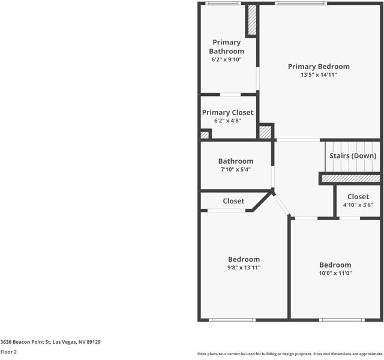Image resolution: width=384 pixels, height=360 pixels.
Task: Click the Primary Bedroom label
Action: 318,67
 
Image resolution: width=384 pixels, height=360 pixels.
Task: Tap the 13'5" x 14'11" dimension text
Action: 318,75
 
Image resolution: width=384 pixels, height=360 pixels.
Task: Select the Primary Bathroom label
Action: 226,47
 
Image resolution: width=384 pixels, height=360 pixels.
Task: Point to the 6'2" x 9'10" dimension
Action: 226,59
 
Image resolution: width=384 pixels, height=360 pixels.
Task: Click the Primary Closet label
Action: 227,112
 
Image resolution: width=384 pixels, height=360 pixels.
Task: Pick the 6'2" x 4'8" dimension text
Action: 227,121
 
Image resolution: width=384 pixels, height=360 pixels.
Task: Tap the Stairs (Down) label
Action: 353,155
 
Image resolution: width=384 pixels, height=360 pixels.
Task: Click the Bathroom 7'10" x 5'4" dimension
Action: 235,169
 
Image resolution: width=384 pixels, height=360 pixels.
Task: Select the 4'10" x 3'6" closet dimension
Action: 358,205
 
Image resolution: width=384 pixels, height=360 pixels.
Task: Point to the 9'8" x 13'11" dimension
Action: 244,268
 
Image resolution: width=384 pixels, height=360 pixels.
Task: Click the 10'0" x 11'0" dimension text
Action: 335,273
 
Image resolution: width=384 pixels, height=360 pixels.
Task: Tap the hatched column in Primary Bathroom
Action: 252,20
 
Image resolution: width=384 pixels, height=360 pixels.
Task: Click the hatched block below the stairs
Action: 350,178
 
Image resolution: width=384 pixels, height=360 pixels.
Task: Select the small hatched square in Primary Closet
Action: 205,135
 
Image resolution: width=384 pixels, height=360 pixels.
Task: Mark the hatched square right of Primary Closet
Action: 265,132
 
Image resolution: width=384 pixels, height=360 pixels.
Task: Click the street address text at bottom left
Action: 50,342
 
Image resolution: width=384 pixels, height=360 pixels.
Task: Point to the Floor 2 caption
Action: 9,352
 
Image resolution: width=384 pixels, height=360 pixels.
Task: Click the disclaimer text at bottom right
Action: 290,354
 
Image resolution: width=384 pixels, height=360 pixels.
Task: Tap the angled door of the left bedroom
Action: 281,206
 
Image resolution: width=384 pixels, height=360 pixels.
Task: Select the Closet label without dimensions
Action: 233,201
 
